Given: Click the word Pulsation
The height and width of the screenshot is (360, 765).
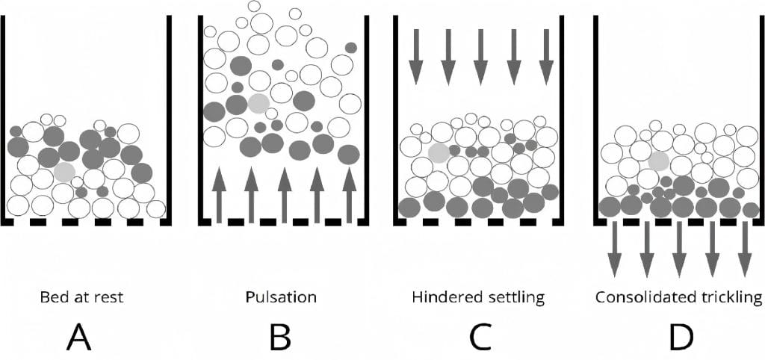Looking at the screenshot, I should pos(281,297).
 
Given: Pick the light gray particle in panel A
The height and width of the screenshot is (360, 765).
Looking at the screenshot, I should pos(64,173).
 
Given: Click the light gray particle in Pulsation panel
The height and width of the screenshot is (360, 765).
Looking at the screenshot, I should pos(258,104).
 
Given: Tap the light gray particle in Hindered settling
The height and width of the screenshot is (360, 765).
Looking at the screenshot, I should pos(439,153).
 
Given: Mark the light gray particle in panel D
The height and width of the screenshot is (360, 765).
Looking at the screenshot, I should pos(659,160).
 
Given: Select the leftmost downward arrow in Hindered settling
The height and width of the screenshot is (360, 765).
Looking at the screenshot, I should pos(416,56).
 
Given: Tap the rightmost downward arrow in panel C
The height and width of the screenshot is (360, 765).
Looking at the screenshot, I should pos(548,56).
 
